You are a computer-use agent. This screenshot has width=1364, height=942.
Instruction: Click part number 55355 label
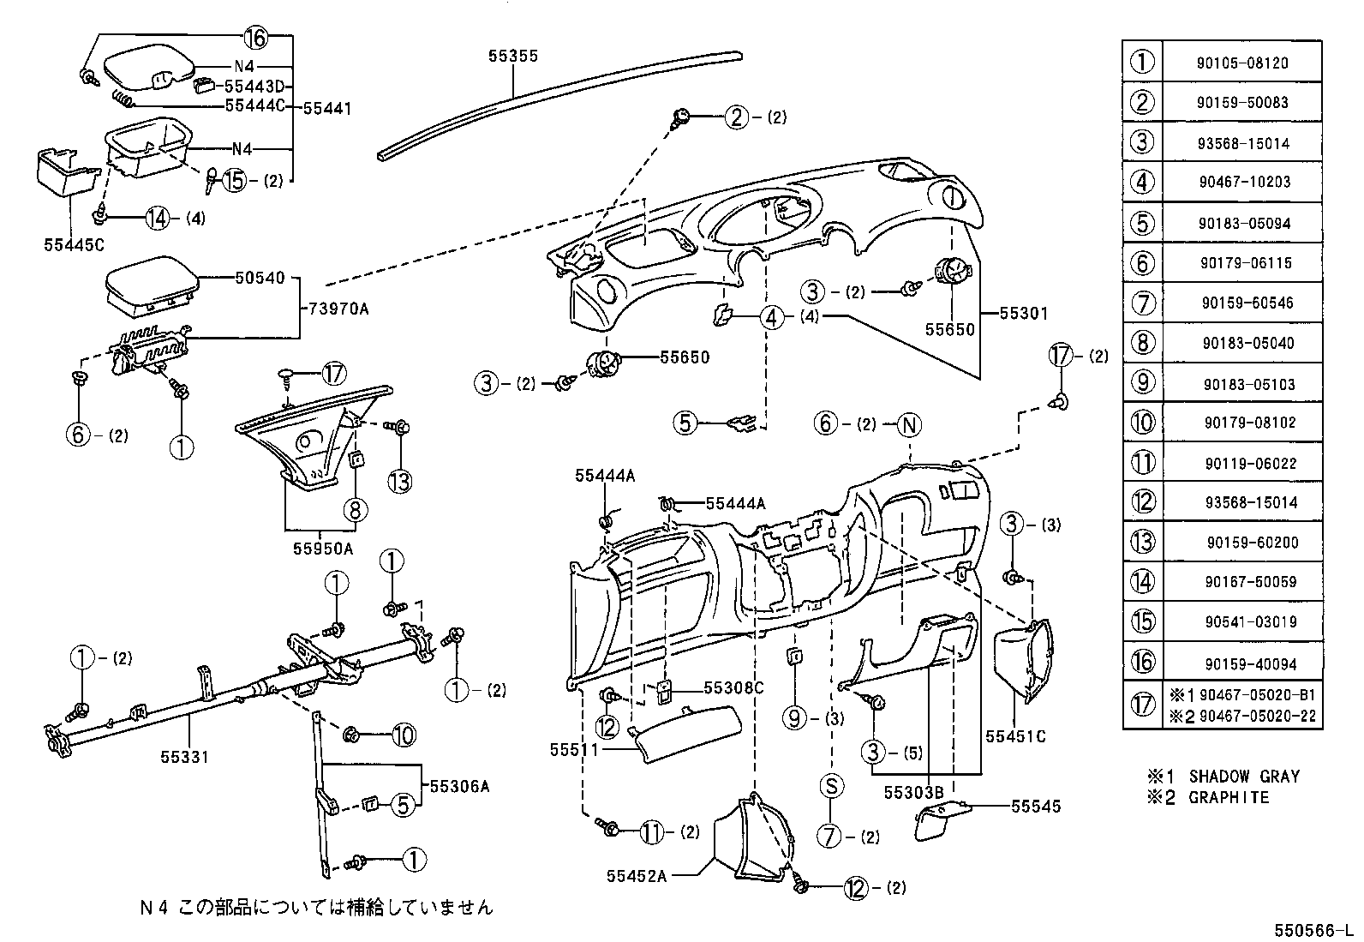click(512, 57)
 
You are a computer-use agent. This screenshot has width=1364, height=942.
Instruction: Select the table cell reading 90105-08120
click(1241, 63)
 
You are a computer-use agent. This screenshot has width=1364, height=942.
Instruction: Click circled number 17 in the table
click(1143, 705)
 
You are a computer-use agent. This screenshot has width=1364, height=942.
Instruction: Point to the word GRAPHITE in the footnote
click(1228, 797)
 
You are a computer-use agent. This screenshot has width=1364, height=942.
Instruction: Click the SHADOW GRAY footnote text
click(1244, 777)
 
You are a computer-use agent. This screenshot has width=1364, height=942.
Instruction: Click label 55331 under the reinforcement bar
click(183, 757)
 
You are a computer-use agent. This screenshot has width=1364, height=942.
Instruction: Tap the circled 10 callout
click(404, 735)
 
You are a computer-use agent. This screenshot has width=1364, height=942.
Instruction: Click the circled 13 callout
click(400, 482)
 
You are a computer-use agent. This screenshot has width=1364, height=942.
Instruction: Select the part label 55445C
click(75, 244)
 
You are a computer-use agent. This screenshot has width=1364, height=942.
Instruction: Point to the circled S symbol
click(830, 787)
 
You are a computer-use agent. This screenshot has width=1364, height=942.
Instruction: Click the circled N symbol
click(908, 424)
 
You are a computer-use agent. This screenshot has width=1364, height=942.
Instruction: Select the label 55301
click(1023, 314)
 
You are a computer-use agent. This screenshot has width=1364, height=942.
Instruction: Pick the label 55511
click(574, 749)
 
